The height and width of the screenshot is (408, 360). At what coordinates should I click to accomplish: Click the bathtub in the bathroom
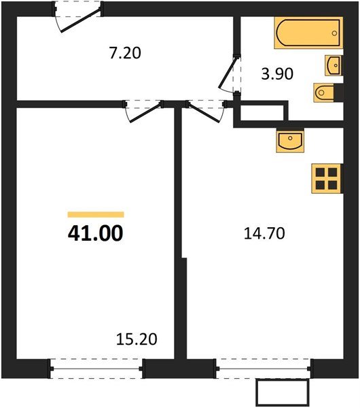tap(306, 33)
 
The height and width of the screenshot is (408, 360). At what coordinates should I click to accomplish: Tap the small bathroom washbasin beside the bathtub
tap(334, 65)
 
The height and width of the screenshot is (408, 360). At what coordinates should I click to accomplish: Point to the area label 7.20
tap(125, 52)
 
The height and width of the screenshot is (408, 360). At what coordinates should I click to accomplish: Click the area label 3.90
tap(277, 73)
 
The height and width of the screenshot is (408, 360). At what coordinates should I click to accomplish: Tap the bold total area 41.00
tap(95, 234)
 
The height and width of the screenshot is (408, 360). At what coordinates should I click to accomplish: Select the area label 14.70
tap(264, 234)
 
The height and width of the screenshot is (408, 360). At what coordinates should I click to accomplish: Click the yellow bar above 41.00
tap(95, 214)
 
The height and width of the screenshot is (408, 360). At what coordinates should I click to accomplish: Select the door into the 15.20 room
tap(143, 111)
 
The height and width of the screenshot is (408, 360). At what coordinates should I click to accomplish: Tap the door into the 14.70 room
tap(207, 111)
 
